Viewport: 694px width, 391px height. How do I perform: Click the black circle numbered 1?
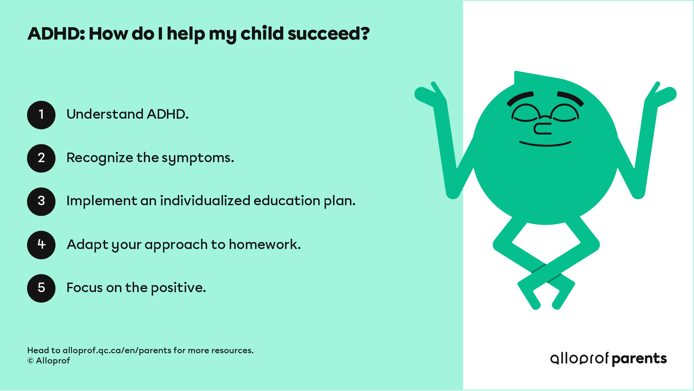pos(41,115)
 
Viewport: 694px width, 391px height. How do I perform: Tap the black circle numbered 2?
pos(41,158)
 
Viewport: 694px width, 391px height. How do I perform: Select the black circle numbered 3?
pos(41,201)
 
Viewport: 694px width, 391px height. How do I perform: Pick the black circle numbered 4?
pos(41,245)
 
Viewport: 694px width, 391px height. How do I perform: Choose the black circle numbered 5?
pos(41,288)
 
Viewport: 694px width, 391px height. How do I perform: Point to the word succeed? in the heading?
pos(329,34)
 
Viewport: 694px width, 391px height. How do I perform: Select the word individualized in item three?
pos(205,201)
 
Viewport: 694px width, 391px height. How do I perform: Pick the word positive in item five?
pos(178,288)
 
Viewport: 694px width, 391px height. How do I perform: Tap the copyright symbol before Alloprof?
pos(31,361)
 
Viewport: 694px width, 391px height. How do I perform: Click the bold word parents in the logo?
pos(639,359)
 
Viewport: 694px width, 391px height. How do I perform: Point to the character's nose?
pos(542,129)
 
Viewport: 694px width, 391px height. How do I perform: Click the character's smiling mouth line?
pos(545,144)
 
